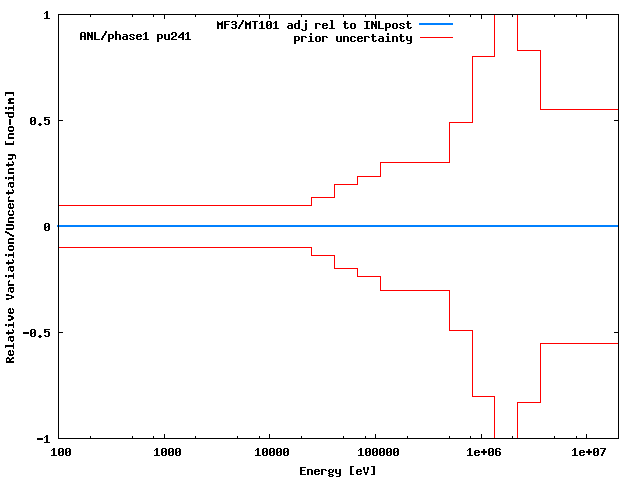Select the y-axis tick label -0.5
(39, 333)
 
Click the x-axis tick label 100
(61, 453)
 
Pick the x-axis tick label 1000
(167, 453)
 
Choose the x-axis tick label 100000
(377, 453)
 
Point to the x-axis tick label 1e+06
(483, 453)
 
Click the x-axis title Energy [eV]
(338, 470)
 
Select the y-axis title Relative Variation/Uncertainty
(11, 227)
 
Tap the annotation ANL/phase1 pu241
(135, 37)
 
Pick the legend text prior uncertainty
(353, 38)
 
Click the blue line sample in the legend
(436, 24)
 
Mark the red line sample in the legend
(436, 37)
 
